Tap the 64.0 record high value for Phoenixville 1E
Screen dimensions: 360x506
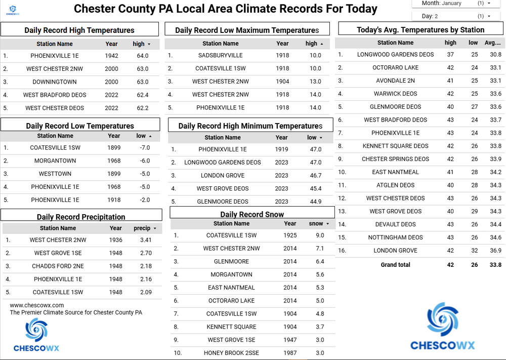143,56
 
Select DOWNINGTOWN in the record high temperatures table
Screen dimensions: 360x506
55,82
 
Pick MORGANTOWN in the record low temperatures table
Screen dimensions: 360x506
55,161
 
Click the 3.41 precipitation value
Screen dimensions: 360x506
146,240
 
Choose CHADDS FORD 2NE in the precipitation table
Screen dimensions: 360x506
58,266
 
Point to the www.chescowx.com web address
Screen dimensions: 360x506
37,305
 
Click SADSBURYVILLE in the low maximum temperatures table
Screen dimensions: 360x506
220,56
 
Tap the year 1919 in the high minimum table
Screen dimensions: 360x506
281,149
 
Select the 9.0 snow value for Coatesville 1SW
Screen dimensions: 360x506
320,235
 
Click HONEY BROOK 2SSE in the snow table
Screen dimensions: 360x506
231,353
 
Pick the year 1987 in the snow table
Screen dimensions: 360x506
290,353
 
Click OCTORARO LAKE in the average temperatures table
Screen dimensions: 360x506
395,67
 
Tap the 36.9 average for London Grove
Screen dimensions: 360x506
495,251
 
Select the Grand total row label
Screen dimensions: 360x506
395,265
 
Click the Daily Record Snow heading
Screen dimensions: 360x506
252,215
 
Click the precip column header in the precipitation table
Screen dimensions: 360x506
142,228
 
